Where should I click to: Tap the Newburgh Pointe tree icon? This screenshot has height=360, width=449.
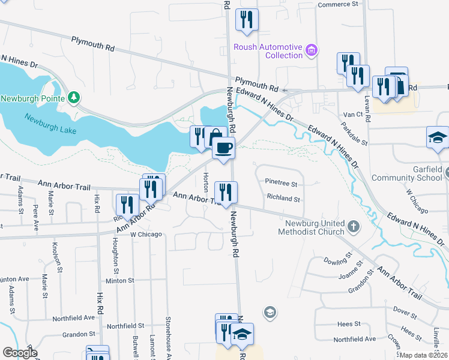[74, 97]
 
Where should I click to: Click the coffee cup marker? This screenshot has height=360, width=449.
[224, 148]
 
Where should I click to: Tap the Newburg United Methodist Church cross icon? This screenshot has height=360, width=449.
[354, 227]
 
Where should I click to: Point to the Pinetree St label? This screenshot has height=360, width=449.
[282, 183]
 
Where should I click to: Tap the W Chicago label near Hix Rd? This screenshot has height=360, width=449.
[146, 234]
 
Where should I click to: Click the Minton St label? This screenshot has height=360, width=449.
[119, 280]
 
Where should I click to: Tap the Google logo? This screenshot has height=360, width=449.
[20, 353]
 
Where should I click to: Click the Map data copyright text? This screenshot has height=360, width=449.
[423, 355]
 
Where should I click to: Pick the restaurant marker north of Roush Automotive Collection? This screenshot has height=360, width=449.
[247, 20]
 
